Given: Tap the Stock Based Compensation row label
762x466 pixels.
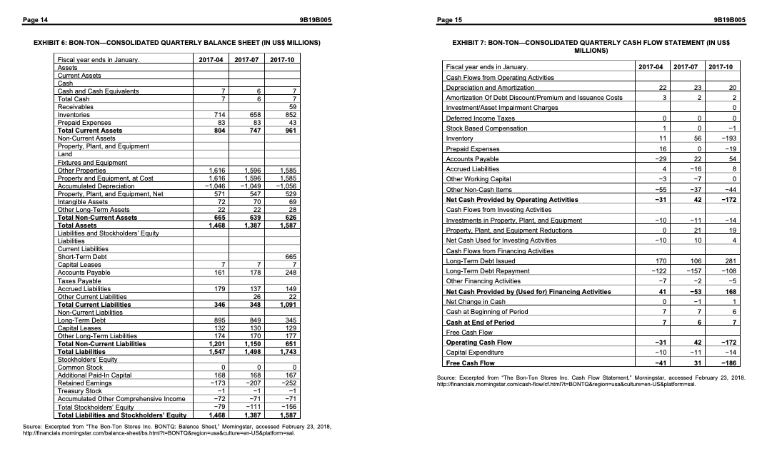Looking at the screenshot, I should (x=486, y=128).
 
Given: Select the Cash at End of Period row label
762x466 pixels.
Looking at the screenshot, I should (x=480, y=322).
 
